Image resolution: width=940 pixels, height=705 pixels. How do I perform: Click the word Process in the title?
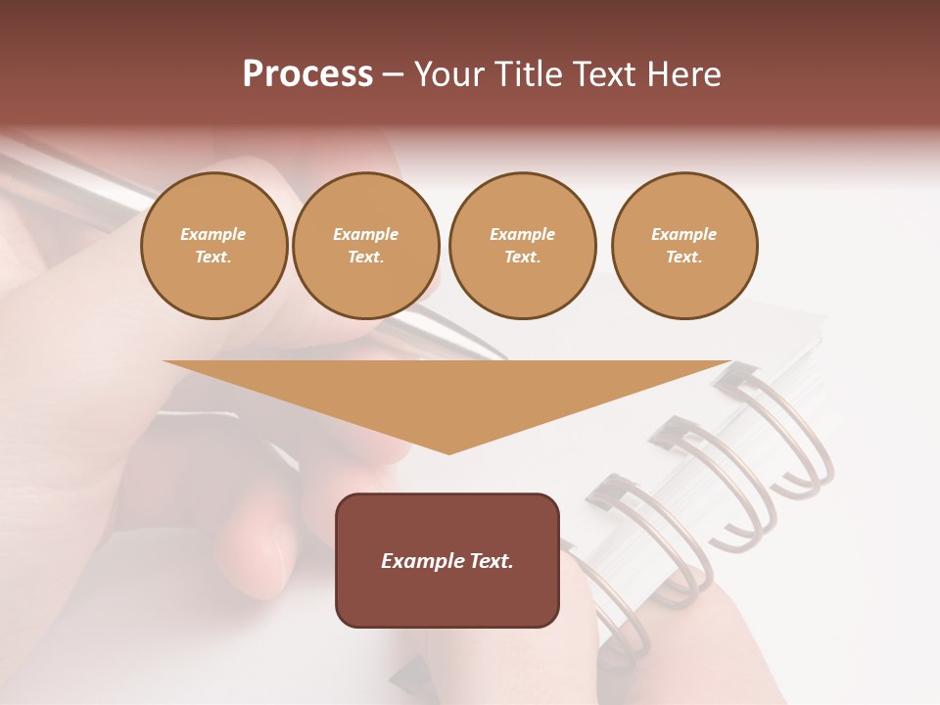coord(307,74)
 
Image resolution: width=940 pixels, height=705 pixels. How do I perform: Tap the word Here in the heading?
coord(680,74)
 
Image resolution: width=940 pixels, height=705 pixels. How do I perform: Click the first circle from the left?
coord(214,246)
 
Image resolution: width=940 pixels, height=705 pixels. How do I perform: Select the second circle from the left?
coord(366,246)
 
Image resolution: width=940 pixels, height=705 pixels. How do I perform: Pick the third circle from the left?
coord(522,246)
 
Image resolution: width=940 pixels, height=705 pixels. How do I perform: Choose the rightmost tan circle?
coord(684,246)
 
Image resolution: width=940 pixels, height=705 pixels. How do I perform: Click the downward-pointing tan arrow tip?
coord(448,446)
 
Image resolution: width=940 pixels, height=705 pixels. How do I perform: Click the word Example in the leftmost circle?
coord(213,234)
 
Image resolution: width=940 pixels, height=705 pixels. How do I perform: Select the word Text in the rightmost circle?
coord(684,258)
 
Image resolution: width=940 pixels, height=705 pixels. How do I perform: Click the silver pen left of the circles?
coord(78,176)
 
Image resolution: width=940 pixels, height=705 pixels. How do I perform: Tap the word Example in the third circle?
coord(522,234)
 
